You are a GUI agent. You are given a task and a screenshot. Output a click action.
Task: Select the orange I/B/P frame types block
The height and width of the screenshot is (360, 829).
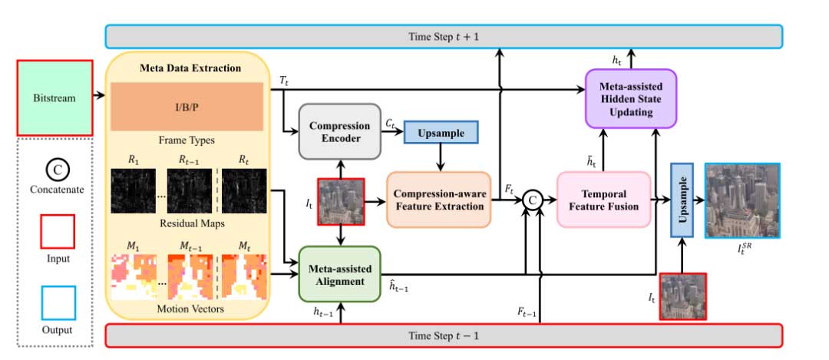(187, 107)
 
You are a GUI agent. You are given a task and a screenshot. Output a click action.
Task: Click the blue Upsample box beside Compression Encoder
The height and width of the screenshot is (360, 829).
(441, 132)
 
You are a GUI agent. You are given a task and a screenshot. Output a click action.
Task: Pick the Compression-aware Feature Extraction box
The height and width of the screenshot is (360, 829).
(438, 200)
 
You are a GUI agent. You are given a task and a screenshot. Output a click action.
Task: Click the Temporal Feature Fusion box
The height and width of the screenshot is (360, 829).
(603, 200)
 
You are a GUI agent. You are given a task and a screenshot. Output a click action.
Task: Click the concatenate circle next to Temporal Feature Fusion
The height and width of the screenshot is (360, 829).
(530, 201)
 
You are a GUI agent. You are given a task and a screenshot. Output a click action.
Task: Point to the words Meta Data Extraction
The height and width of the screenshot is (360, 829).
(190, 68)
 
